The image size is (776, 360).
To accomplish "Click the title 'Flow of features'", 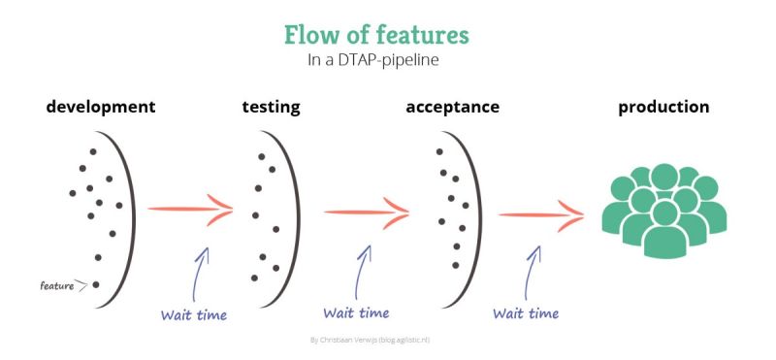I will pyautogui.click(x=375, y=36).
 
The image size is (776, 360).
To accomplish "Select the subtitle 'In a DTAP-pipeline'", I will pyautogui.click(x=375, y=61).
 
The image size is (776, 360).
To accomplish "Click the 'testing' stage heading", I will pyautogui.click(x=271, y=106).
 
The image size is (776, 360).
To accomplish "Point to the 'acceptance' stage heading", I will pyautogui.click(x=452, y=106).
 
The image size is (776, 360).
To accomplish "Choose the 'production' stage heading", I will pyautogui.click(x=663, y=106).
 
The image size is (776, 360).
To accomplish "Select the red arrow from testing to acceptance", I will pyautogui.click(x=366, y=211).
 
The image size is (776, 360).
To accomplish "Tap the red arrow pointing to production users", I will pyautogui.click(x=541, y=212).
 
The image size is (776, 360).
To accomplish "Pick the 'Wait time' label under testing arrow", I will pyautogui.click(x=356, y=312).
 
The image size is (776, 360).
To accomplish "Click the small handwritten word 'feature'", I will pyautogui.click(x=57, y=285).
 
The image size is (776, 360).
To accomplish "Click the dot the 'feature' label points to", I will pyautogui.click(x=95, y=283).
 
